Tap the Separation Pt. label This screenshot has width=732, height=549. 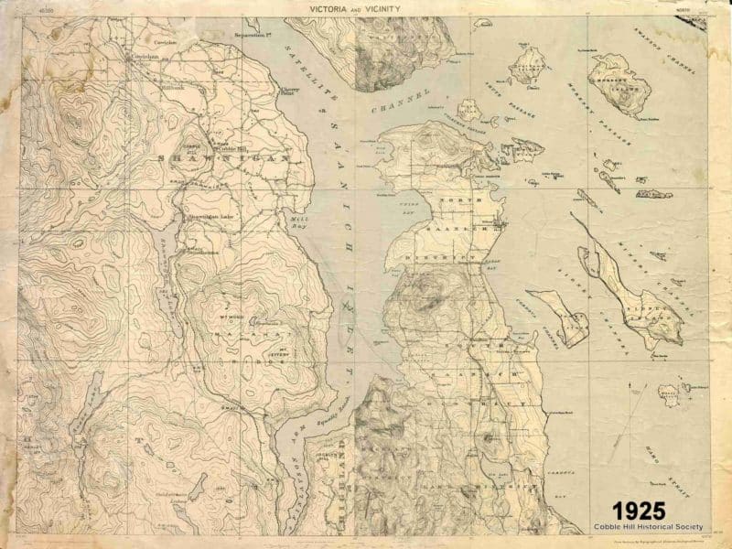point(255,37)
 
